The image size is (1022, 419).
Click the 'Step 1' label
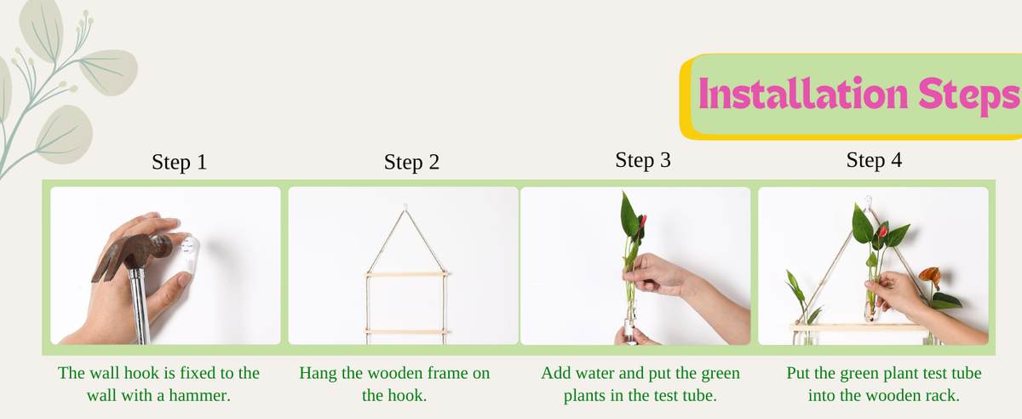click(x=180, y=162)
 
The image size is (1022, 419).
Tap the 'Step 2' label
click(x=411, y=162)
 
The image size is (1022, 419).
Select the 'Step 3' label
click(x=643, y=160)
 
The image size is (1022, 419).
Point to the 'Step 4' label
click(x=874, y=160)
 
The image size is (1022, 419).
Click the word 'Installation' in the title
click(x=803, y=94)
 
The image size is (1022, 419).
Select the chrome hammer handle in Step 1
click(x=139, y=306)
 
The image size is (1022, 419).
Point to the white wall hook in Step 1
click(x=187, y=255)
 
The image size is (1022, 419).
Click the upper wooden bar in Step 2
click(x=406, y=274)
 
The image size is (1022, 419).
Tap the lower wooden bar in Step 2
click(x=405, y=332)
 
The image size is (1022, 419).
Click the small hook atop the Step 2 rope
click(x=405, y=207)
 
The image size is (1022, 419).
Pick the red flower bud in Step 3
click(x=643, y=222)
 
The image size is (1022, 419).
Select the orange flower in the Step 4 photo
click(x=931, y=275)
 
